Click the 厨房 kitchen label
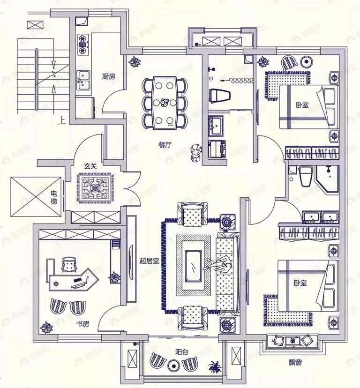pos(108,76)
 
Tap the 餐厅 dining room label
pos(165,145)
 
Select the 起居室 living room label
pos(149,261)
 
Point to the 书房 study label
pos(82,324)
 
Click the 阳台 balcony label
pos(182,352)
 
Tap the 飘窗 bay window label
pos(295,363)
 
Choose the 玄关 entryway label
pos(90,166)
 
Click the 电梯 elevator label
pos(54,197)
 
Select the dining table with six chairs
pos(165,103)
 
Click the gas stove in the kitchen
pos(82,45)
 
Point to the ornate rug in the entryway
pos(95,188)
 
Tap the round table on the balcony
pos(173,364)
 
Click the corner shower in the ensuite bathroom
pos(327,179)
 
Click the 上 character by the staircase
pos(62,120)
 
